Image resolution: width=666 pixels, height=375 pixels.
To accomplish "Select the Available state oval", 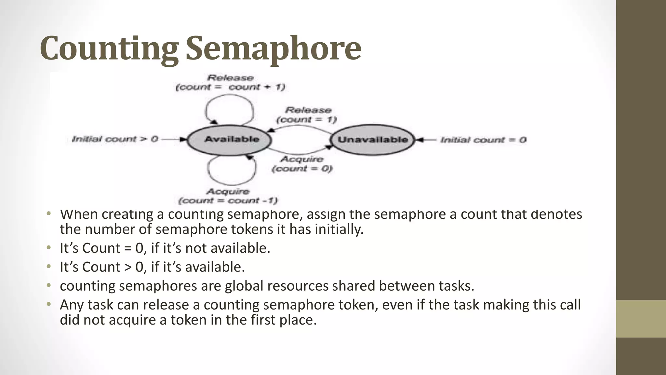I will click(x=229, y=140).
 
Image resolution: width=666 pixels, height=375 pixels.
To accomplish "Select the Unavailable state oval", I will click(x=373, y=140).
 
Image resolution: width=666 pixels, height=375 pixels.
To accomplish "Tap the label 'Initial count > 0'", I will click(x=115, y=139).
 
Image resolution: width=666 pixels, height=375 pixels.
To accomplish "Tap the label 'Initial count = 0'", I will click(x=483, y=140).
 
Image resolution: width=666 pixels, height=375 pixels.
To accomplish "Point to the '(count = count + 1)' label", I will click(x=230, y=87).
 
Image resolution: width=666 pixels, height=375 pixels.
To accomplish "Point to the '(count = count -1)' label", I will click(x=228, y=201).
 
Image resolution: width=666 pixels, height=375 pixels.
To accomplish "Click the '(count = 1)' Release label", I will click(x=306, y=120).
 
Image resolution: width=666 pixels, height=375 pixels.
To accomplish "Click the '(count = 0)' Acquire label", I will click(x=302, y=169).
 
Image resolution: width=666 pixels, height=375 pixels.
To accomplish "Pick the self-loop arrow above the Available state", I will click(x=229, y=104).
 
